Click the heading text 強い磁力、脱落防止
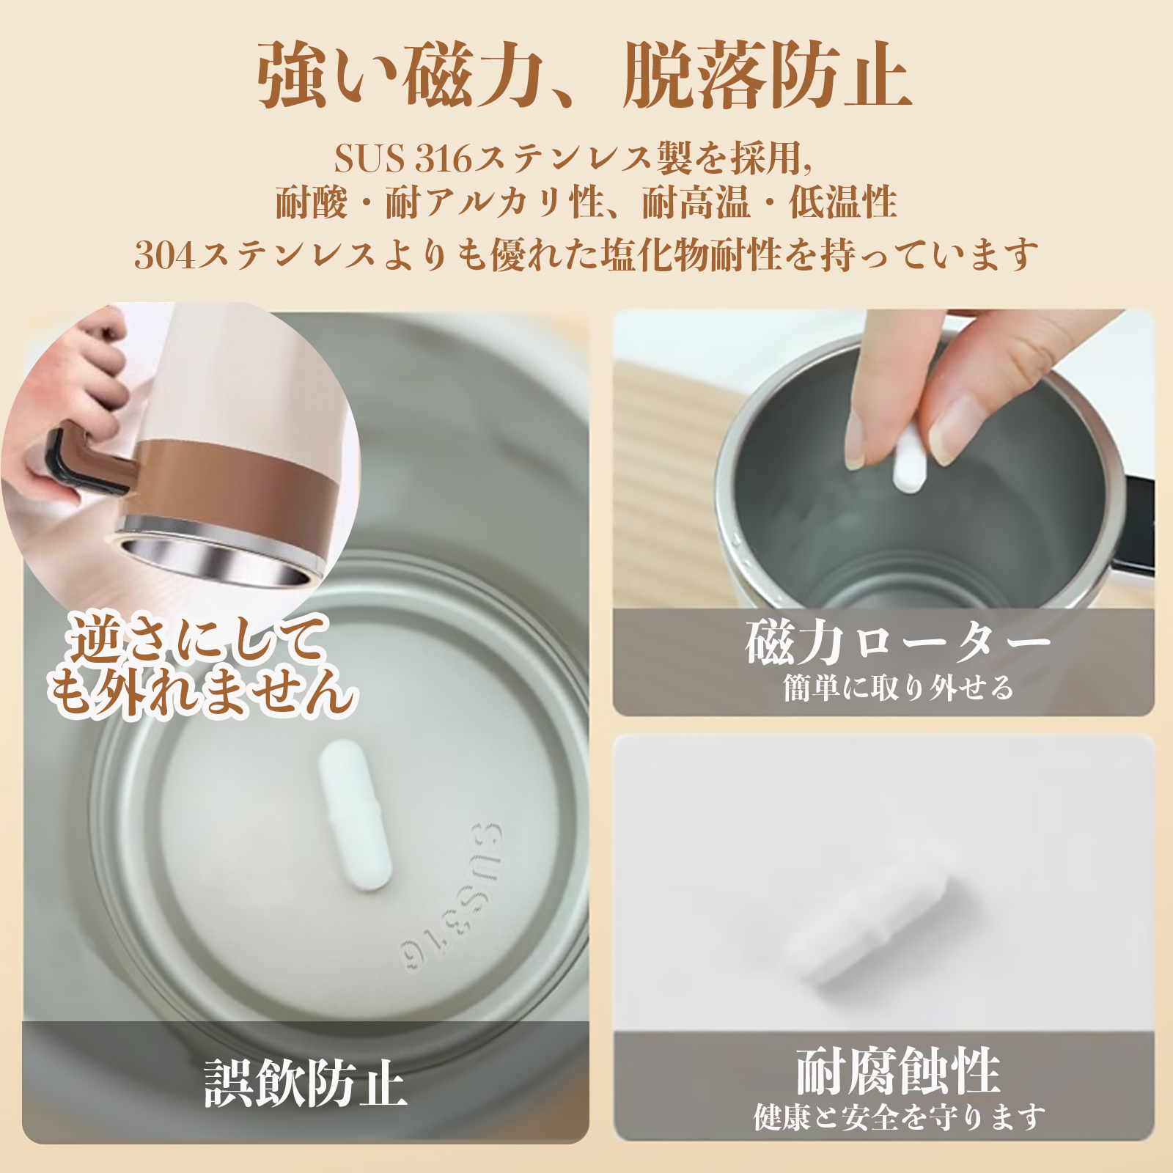coord(584,75)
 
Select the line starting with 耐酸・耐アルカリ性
coord(586,202)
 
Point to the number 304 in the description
coord(165,255)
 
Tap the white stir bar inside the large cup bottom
coord(354,815)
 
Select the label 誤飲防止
coord(306,1082)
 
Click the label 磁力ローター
coord(897,643)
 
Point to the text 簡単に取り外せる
coord(898,688)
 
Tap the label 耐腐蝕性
coord(898,1071)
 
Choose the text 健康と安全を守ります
coord(900,1117)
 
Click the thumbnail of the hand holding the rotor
coord(883,458)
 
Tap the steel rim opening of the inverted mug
coord(216,561)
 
